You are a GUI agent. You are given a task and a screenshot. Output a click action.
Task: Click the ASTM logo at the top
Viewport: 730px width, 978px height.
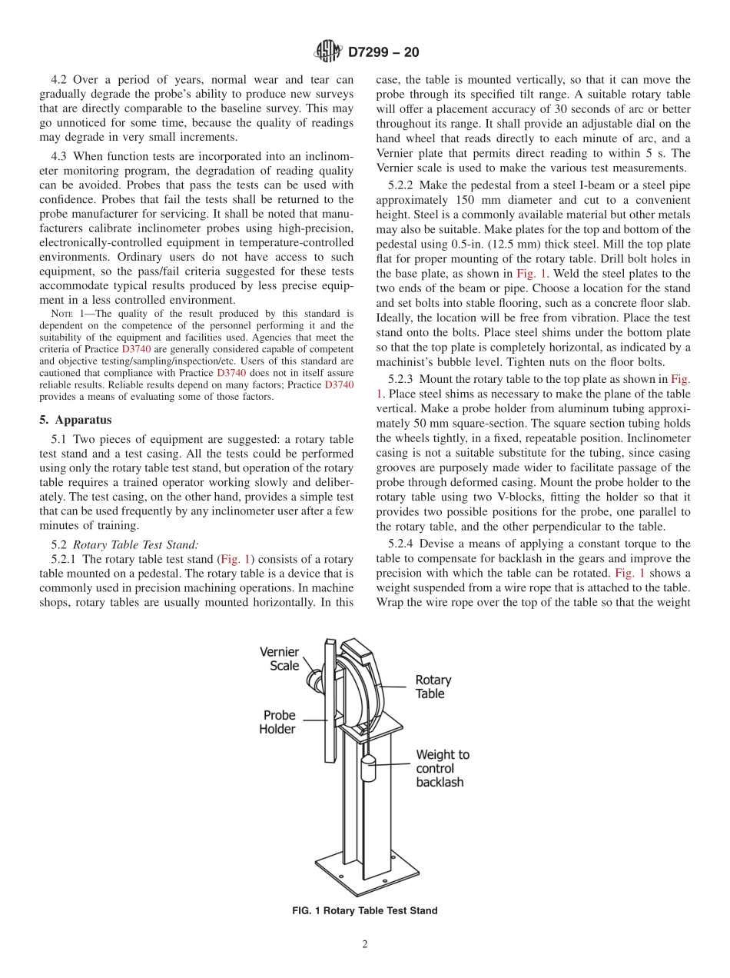click(x=328, y=52)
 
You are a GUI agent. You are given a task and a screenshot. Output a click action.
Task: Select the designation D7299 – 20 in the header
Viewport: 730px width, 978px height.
click(x=383, y=52)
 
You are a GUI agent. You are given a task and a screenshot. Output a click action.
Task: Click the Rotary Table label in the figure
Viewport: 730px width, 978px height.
click(x=433, y=687)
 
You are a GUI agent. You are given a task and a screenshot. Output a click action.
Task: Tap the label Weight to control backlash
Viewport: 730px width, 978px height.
click(x=442, y=768)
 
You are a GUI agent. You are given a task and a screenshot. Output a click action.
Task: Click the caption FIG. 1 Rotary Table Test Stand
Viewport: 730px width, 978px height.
click(x=365, y=910)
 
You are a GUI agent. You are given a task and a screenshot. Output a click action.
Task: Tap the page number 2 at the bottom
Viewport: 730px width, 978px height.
click(x=365, y=945)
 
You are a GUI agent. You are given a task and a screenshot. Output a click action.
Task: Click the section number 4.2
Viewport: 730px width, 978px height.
click(x=61, y=80)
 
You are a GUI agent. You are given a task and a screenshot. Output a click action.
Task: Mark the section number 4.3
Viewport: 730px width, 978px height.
click(x=61, y=156)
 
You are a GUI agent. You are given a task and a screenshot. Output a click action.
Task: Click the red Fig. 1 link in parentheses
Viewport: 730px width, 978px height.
click(x=235, y=559)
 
